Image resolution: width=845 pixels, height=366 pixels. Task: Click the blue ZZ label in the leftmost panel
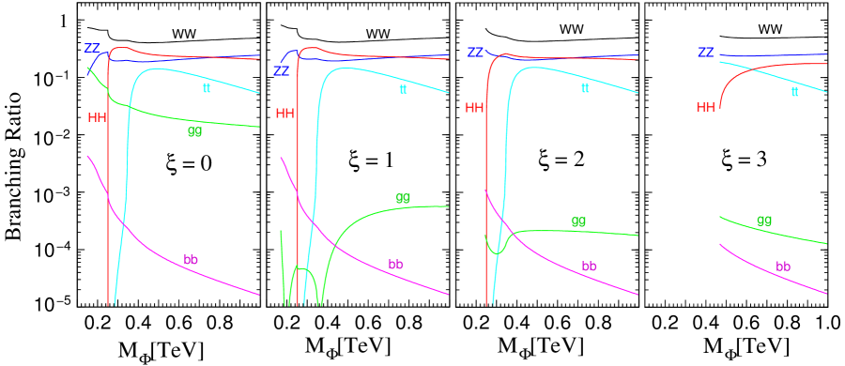click(92, 48)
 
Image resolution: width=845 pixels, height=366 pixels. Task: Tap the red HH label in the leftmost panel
click(97, 117)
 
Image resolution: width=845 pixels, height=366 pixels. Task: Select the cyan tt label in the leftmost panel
click(207, 88)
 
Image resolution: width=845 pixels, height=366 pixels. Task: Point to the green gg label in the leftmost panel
click(194, 131)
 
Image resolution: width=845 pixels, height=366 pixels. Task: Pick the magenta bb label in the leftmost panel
click(191, 260)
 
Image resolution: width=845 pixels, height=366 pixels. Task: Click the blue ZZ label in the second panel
click(281, 70)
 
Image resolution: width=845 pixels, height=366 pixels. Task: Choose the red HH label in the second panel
click(284, 114)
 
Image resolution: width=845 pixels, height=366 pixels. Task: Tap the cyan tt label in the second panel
click(403, 90)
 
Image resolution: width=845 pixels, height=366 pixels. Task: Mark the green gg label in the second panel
click(403, 198)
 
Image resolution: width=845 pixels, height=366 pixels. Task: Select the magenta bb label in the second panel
click(395, 265)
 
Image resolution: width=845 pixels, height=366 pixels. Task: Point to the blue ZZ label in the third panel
click(475, 53)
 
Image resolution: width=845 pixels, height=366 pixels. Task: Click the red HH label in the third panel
click(474, 108)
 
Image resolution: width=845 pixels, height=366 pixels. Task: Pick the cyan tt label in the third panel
click(585, 88)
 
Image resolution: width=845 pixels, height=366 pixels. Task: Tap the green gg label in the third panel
click(578, 221)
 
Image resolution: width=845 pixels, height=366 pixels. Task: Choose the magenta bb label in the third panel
click(589, 267)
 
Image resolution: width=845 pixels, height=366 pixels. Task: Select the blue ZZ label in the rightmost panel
click(705, 53)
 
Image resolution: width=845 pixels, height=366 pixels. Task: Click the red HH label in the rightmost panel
click(705, 108)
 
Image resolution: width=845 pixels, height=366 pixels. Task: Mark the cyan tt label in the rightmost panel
click(794, 92)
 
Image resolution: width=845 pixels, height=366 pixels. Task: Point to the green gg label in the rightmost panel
click(764, 221)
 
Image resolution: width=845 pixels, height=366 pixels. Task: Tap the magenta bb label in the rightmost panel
click(782, 267)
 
